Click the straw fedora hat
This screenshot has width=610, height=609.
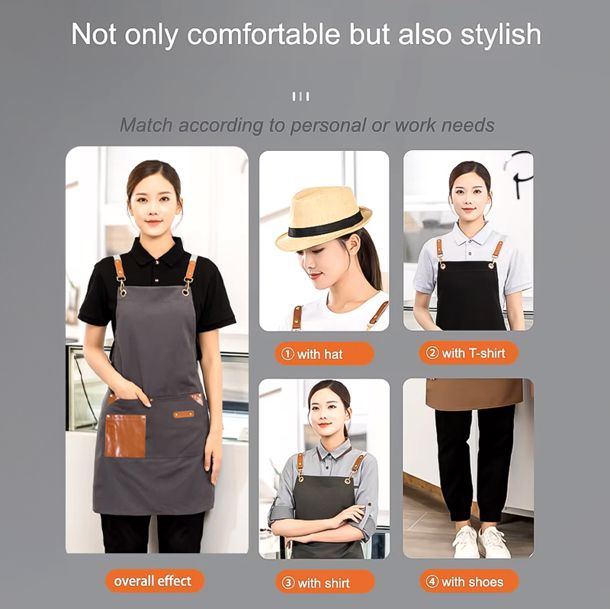tap(323, 218)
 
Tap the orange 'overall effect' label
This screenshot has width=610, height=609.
tap(155, 581)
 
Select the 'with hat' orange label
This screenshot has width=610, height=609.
tap(325, 354)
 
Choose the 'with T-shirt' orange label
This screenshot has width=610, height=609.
tap(468, 353)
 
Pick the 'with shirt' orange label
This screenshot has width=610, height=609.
tap(326, 582)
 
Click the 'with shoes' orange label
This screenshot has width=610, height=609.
tap(469, 582)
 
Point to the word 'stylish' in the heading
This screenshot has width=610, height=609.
tap(501, 35)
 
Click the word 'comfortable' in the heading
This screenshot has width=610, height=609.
tap(264, 34)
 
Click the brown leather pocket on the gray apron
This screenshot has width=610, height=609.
tap(125, 435)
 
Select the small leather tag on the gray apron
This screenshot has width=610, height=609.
tap(184, 414)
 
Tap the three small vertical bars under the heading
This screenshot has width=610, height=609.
tap(300, 97)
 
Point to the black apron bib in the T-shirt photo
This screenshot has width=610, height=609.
tap(470, 296)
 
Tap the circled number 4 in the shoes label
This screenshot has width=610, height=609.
tap(432, 582)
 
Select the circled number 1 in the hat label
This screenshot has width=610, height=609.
tap(287, 354)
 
